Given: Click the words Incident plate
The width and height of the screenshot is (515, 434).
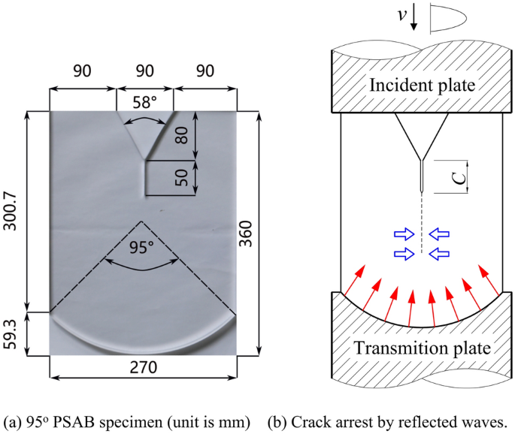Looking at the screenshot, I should coord(422,85).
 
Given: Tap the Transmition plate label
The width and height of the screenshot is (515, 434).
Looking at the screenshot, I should coord(422,348).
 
